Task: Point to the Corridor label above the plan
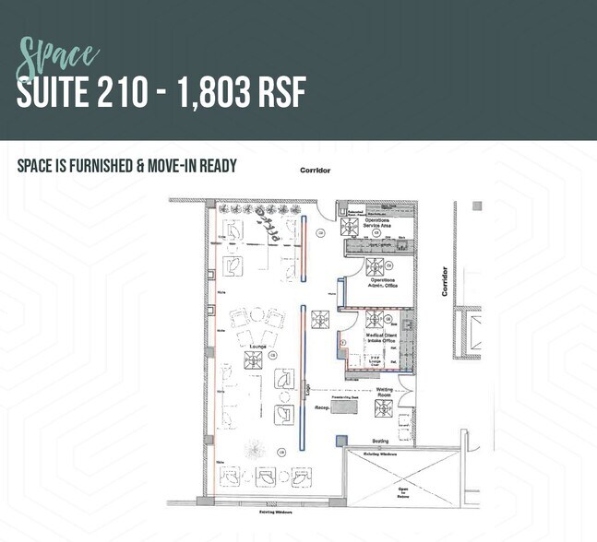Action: [x=315, y=171]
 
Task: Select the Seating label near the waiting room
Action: [x=379, y=441]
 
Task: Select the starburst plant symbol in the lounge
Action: [x=252, y=450]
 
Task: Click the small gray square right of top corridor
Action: [x=476, y=206]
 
